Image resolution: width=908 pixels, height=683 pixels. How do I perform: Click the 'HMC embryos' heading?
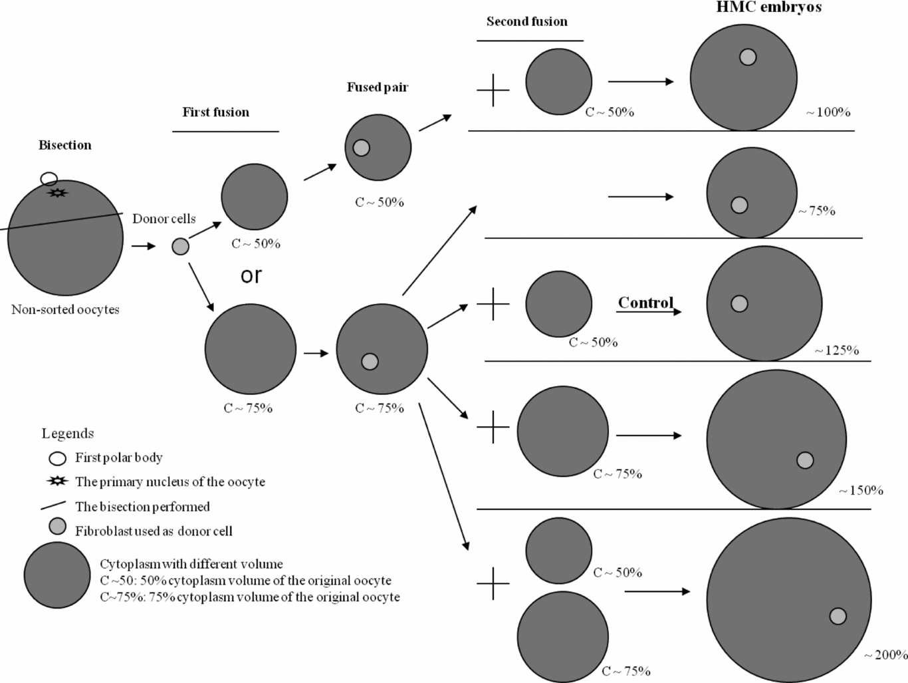768,8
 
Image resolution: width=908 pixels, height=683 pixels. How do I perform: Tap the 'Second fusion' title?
526,21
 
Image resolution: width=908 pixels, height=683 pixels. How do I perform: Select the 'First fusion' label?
215,112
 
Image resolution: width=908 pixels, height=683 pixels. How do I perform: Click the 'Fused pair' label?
377,87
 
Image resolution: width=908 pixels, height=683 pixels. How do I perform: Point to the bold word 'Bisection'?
64,145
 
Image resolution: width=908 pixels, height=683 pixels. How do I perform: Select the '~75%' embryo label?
817,211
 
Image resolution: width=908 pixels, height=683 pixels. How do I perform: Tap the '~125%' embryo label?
837,350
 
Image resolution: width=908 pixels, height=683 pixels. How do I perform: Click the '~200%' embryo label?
885,655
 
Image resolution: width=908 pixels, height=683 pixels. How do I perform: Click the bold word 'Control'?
645,303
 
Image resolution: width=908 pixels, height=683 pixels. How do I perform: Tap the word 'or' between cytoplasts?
251,275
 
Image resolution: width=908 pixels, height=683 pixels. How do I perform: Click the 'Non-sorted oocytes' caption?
65,309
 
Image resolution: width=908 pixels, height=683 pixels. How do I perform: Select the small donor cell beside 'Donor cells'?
180,247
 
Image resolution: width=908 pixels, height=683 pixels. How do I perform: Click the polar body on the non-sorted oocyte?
49,179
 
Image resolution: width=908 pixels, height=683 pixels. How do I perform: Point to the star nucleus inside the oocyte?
58,193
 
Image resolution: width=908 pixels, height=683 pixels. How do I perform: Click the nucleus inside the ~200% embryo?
838,616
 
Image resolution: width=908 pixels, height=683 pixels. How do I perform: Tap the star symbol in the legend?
58,481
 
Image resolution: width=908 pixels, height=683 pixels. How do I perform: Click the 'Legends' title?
67,434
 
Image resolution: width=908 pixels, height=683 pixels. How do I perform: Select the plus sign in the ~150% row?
493,427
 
